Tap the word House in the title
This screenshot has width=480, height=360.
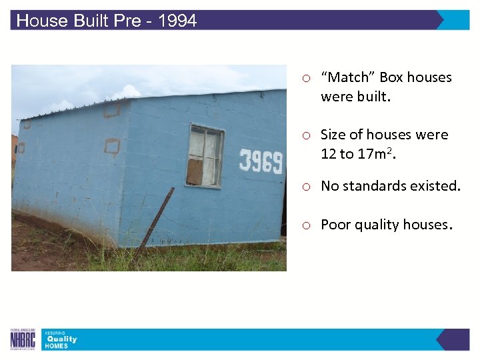[x=42, y=21]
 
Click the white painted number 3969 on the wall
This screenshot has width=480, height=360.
[x=261, y=161]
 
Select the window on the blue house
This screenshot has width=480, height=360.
[x=205, y=155]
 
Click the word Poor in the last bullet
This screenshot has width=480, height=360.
[x=335, y=225]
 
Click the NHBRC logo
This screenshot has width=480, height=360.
[x=22, y=339]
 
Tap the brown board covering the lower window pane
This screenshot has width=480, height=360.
[x=195, y=171]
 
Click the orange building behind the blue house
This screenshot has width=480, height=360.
[x=14, y=150]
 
